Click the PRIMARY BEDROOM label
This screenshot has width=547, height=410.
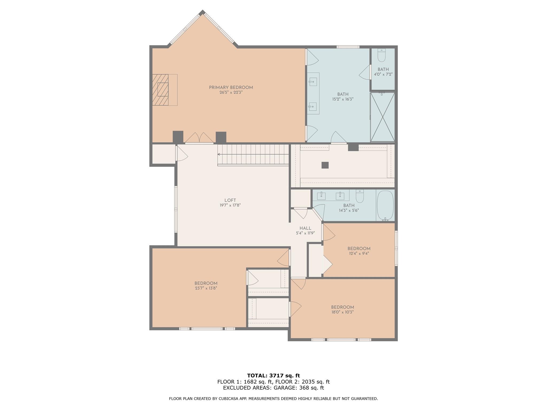pos(231,87)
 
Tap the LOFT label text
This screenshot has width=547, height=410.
pos(230,200)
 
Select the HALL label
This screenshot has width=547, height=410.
pos(305,228)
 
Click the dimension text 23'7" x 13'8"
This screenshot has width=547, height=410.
pos(206,288)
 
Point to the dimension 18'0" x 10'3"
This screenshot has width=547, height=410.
pos(342,312)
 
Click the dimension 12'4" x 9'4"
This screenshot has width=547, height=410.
pos(359,254)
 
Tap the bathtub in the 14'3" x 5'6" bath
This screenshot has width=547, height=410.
pos(385,205)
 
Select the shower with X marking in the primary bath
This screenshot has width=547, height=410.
pos(382,117)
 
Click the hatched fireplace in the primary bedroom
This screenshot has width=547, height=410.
pos(161,90)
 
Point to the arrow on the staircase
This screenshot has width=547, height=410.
pos(219,154)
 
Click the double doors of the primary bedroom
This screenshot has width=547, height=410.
pos(199,138)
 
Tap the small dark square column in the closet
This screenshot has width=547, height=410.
pos(325,165)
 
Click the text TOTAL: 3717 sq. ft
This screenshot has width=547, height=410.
pos(273,376)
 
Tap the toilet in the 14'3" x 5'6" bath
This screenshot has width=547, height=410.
pos(360,196)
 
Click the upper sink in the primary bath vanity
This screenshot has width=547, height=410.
pos(313,81)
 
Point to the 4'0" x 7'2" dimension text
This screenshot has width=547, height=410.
pos(383,74)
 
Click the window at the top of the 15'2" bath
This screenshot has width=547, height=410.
pos(348,47)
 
